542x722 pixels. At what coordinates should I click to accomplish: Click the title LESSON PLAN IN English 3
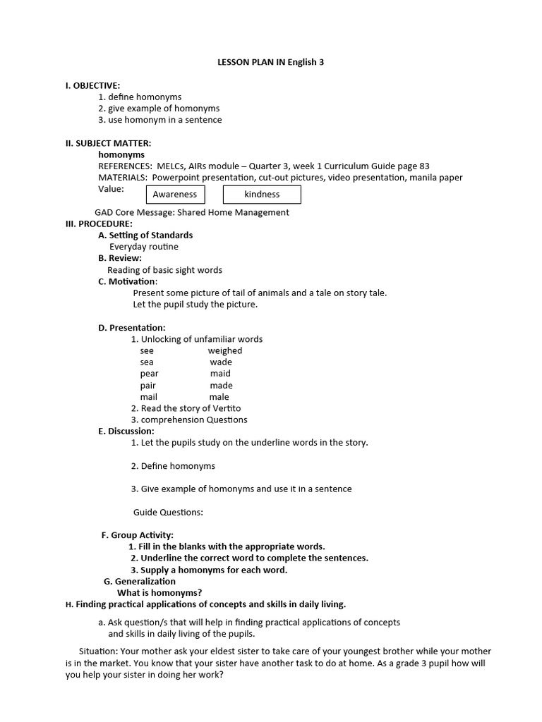[x=270, y=63]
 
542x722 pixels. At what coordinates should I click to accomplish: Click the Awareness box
[x=175, y=195]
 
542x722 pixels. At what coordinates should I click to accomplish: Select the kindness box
[x=262, y=195]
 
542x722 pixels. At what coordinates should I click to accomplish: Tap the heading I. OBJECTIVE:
[x=92, y=85]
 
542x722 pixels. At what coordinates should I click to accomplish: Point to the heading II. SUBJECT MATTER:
[x=108, y=143]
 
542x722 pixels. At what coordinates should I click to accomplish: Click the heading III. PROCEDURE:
[x=99, y=224]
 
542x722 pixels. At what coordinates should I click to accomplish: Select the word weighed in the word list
[x=225, y=350]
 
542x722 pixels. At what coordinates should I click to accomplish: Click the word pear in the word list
[x=149, y=374]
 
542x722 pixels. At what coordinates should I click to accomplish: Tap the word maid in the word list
[x=220, y=374]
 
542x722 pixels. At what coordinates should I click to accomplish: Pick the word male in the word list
[x=219, y=397]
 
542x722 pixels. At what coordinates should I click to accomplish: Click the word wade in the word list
[x=221, y=362]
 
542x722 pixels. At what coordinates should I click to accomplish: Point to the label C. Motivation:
[x=128, y=281]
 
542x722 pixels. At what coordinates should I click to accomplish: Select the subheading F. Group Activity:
[x=138, y=535]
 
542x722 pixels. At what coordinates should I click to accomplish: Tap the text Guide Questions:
[x=168, y=512]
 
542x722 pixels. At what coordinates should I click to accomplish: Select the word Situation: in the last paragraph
[x=98, y=651]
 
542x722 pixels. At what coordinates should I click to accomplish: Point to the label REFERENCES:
[x=125, y=166]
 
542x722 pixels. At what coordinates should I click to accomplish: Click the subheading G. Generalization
[x=140, y=581]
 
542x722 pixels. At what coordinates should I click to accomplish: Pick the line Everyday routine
[x=144, y=247]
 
